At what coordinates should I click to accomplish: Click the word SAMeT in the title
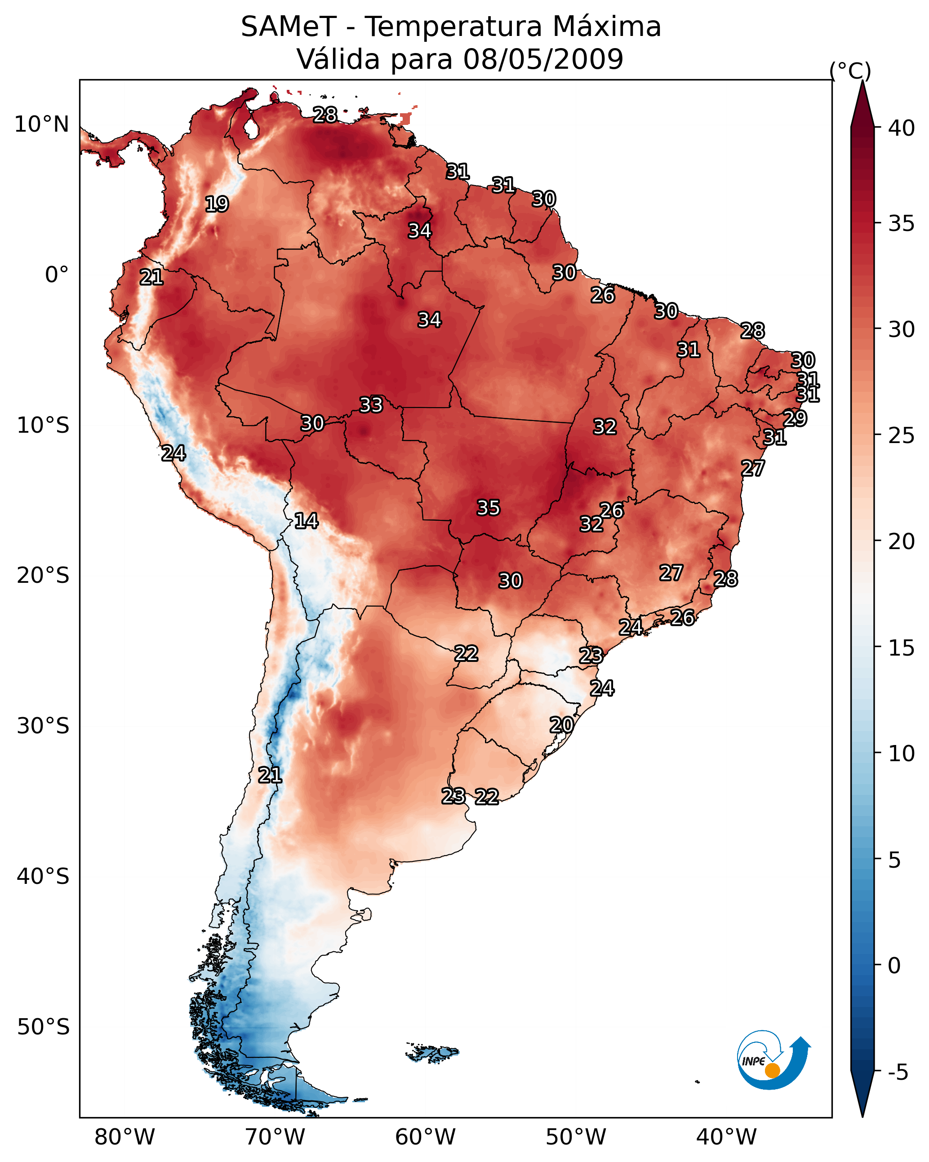(x=289, y=27)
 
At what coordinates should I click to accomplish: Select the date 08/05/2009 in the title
(x=543, y=59)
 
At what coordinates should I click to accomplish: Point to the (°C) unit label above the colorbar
(x=850, y=71)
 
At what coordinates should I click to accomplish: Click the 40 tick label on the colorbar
(x=902, y=128)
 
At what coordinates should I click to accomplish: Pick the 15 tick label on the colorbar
(x=902, y=648)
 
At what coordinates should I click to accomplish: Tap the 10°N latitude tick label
(x=41, y=124)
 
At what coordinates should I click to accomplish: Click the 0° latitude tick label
(x=57, y=275)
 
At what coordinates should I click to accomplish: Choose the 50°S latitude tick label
(x=43, y=1027)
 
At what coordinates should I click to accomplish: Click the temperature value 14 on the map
(x=306, y=521)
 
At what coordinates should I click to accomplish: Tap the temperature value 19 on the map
(x=217, y=204)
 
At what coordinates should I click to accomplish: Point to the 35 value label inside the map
(x=489, y=508)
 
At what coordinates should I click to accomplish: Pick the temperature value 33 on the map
(x=371, y=405)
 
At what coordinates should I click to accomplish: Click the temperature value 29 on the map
(x=795, y=418)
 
